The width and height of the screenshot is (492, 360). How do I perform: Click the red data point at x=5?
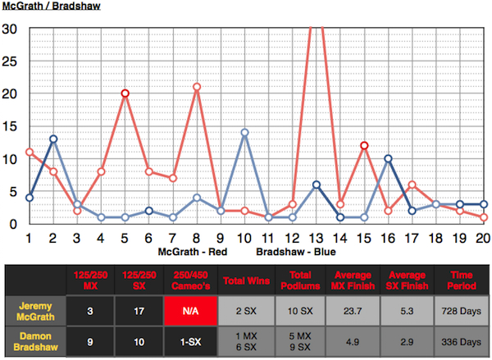pos(125,93)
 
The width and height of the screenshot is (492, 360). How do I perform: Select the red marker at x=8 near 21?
pos(197,87)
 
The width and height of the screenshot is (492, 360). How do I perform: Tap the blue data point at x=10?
pos(244,132)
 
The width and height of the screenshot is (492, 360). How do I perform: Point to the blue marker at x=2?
pos(53,139)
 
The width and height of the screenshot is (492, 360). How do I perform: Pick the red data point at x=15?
pos(364,145)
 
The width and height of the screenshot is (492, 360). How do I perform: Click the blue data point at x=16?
pos(388,158)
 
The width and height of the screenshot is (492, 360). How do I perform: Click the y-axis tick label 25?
pos(11,60)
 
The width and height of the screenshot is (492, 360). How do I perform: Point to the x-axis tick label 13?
pos(316,238)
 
